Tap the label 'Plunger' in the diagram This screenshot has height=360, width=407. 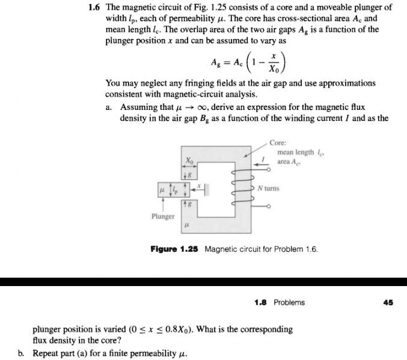pyautogui.click(x=162, y=216)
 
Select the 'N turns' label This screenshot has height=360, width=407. pyautogui.click(x=268, y=188)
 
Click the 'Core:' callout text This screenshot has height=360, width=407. pyautogui.click(x=278, y=143)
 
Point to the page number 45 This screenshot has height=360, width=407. pyautogui.click(x=388, y=302)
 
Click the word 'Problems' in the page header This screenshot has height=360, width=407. pyautogui.click(x=289, y=302)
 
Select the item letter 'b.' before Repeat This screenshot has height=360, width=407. pyautogui.click(x=22, y=353)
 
